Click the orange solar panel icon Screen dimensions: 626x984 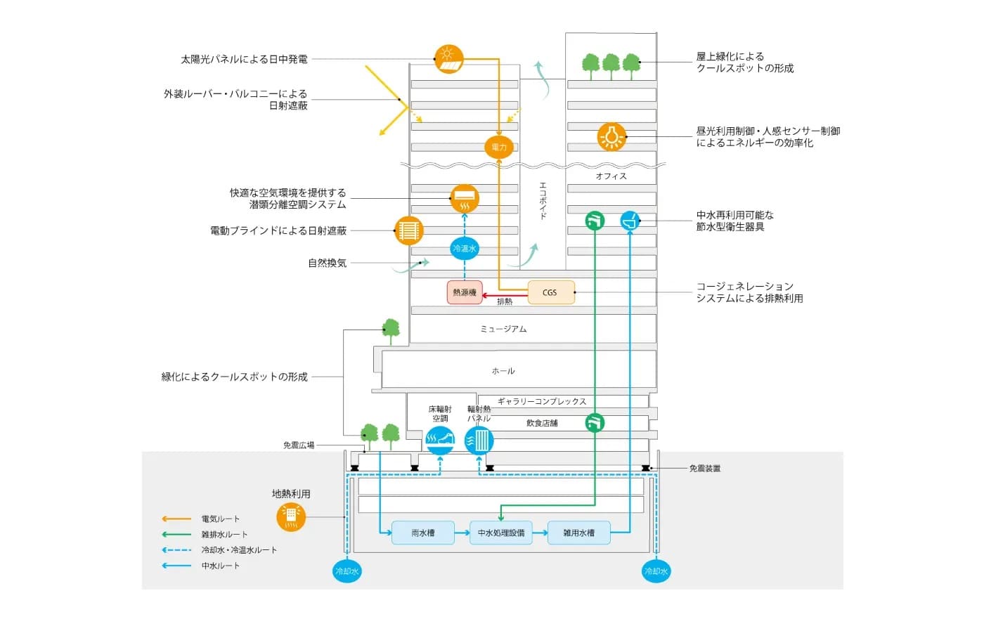tap(449, 59)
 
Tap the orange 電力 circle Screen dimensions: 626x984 tap(499, 147)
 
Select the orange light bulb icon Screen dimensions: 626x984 tap(611, 136)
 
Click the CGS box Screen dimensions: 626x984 tap(550, 292)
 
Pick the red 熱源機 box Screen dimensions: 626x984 tap(465, 292)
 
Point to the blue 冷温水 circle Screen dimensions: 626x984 tap(465, 248)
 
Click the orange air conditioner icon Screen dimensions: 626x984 tap(465, 198)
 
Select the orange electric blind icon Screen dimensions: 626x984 tap(408, 230)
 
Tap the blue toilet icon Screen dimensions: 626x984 tap(630, 221)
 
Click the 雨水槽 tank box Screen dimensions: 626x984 tap(423, 533)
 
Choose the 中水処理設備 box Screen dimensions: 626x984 tap(501, 533)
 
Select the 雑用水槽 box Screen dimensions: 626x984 tap(578, 533)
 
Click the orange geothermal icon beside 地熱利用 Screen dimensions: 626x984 tap(291, 517)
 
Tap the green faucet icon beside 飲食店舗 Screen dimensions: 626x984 tap(595, 423)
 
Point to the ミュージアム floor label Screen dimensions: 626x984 tap(503, 329)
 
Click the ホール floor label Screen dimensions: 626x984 tap(503, 371)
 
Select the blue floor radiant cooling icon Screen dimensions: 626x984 tap(440, 440)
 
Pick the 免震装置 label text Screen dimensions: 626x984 tap(705, 469)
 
